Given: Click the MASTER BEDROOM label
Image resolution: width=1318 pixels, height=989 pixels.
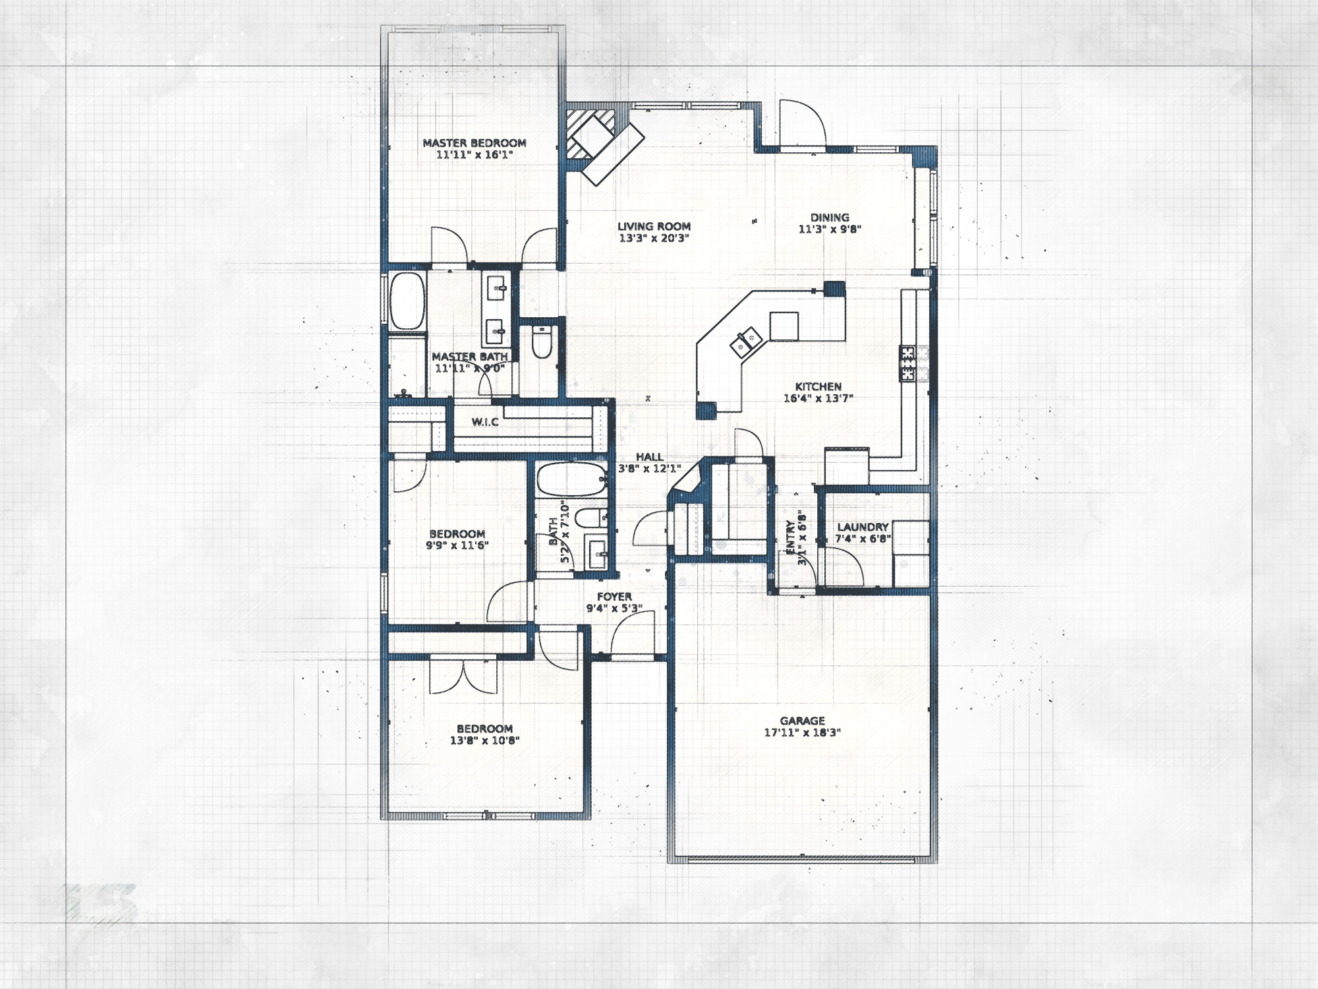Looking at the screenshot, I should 474,142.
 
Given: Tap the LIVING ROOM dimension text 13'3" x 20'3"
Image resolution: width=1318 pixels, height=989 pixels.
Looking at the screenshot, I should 654,238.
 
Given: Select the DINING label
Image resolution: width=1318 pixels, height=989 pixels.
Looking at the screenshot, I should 830,218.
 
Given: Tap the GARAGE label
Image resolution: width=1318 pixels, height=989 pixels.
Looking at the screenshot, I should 802,721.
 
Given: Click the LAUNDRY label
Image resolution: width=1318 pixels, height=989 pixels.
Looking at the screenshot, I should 863,527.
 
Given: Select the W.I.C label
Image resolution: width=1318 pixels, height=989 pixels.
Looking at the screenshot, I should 485,422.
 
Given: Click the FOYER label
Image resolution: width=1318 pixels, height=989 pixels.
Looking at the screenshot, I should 614,597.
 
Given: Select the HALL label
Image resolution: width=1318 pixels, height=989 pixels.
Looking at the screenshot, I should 649,457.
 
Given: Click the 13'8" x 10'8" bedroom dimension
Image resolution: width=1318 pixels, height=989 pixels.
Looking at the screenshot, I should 484,740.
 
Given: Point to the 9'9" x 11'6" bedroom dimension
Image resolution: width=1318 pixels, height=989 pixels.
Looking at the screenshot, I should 457,545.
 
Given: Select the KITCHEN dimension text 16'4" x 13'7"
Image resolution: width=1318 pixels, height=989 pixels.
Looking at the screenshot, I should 818,398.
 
